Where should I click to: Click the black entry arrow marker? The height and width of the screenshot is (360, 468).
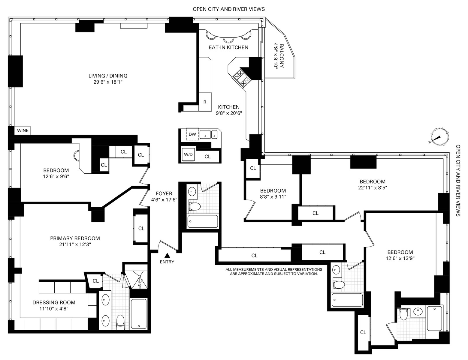(167, 255)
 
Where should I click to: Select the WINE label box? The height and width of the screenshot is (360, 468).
(23, 130)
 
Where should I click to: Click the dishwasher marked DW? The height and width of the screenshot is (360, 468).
(192, 134)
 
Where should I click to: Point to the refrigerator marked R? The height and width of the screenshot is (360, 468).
(205, 102)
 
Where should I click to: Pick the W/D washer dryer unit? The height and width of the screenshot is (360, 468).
(189, 154)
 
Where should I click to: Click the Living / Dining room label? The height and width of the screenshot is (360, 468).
(108, 76)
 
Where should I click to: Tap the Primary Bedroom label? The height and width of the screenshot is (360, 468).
(75, 238)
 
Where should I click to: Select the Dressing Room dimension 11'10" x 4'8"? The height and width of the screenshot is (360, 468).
(54, 309)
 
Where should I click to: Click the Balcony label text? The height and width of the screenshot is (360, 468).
(282, 56)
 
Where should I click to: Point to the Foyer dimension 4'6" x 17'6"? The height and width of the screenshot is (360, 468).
(164, 200)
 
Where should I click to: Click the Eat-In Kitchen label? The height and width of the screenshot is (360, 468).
(228, 47)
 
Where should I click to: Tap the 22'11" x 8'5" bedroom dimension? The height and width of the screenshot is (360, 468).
(373, 187)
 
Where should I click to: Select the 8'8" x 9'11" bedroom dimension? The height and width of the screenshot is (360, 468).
(273, 197)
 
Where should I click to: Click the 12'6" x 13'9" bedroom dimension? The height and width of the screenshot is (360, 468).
(400, 258)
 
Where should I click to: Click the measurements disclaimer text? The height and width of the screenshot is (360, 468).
(274, 271)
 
